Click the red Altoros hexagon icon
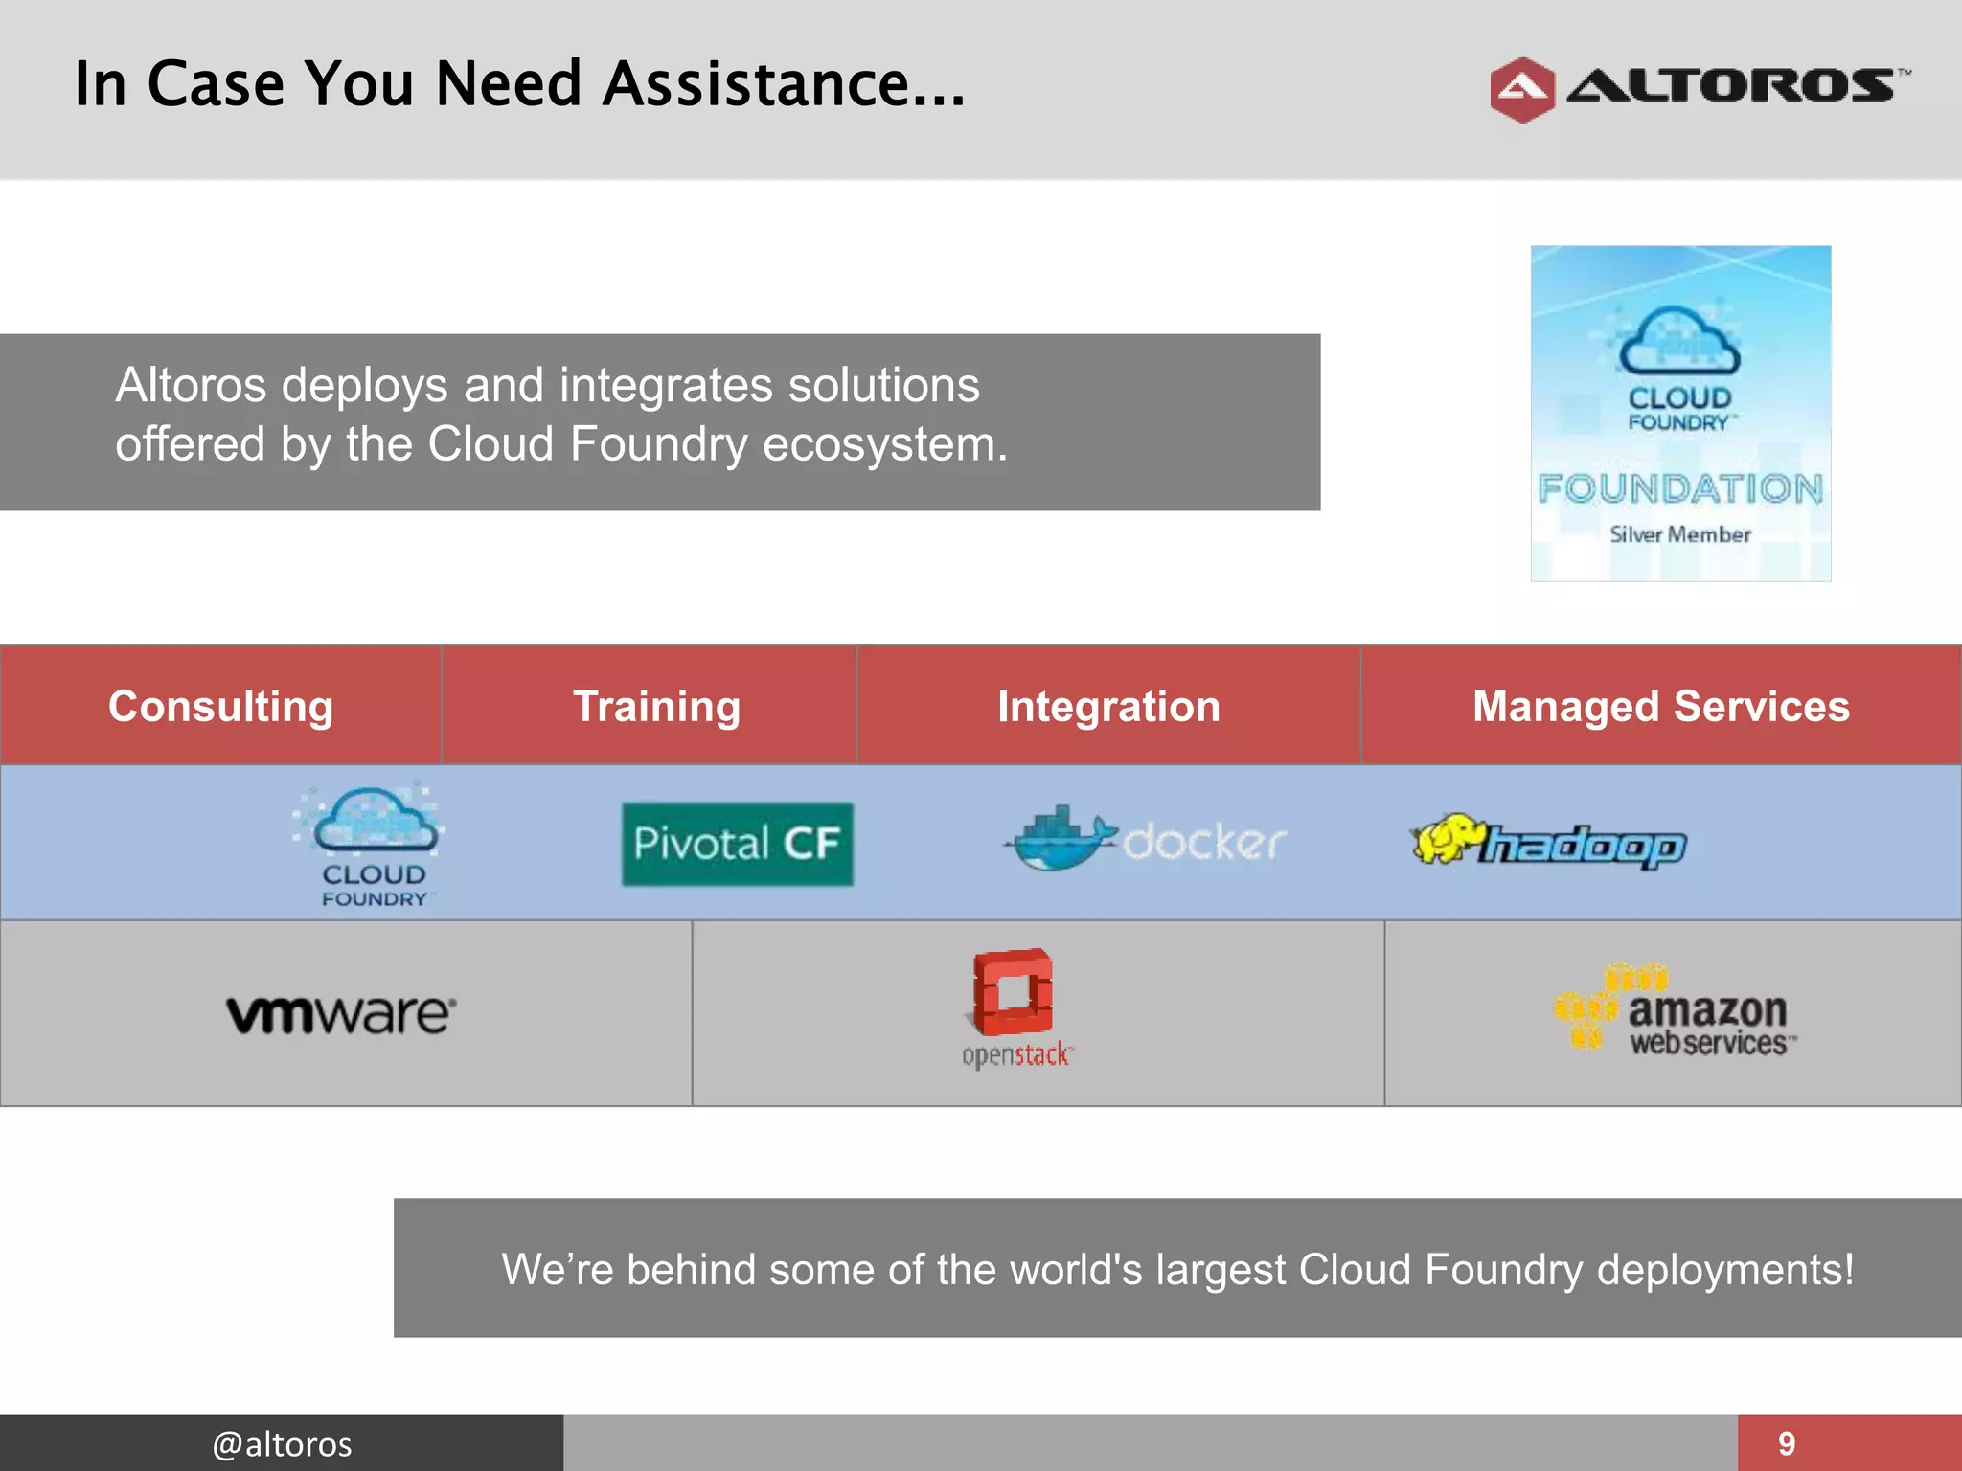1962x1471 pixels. pyautogui.click(x=1521, y=90)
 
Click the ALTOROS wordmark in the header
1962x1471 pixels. pyautogui.click(x=1732, y=86)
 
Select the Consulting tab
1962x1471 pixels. pyautogui.click(x=220, y=707)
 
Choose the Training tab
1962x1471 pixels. pyautogui.click(x=656, y=707)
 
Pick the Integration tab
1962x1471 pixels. pyautogui.click(x=1108, y=707)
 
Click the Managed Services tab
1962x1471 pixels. pyautogui.click(x=1660, y=707)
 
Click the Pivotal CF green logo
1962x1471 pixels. pyautogui.click(x=737, y=844)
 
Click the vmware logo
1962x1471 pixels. pyautogui.click(x=341, y=1014)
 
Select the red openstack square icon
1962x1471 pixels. pyautogui.click(x=1014, y=992)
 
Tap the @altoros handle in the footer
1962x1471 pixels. pyautogui.click(x=282, y=1443)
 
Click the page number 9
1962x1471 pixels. pyautogui.click(x=1787, y=1443)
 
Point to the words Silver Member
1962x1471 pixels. pyautogui.click(x=1680, y=534)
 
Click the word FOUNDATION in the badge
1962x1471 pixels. pyautogui.click(x=1680, y=489)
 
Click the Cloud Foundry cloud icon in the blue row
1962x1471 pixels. pyautogui.click(x=376, y=822)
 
